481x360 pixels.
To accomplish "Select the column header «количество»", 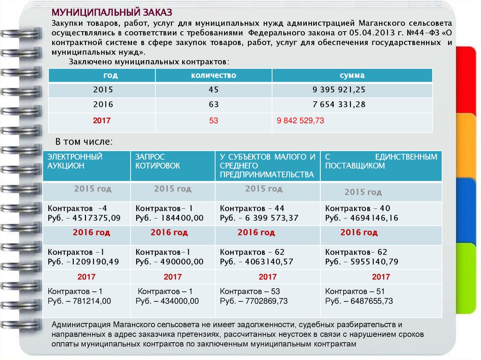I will pyautogui.click(x=213, y=75).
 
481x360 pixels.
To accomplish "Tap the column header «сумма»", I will pyautogui.click(x=352, y=75).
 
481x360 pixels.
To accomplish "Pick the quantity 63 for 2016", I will pyautogui.click(x=214, y=105).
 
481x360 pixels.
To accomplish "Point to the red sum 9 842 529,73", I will pyautogui.click(x=301, y=121).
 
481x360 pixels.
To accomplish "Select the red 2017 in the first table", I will pyautogui.click(x=102, y=121).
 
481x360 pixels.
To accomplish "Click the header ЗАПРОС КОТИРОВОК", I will pyautogui.click(x=157, y=161).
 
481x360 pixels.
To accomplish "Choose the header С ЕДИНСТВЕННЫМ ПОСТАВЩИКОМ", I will pyautogui.click(x=381, y=161).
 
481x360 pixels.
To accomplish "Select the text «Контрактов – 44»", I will pyautogui.click(x=252, y=208).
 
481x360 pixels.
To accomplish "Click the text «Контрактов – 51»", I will pyautogui.click(x=355, y=291).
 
